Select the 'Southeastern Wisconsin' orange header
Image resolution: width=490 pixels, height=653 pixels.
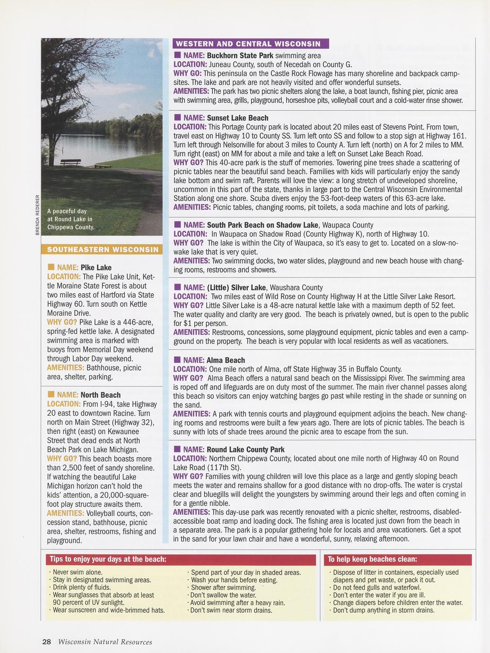[102, 249]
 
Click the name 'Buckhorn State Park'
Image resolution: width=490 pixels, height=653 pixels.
[240, 55]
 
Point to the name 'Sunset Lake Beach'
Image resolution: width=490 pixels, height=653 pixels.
[237, 118]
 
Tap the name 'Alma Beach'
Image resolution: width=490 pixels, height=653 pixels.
[226, 360]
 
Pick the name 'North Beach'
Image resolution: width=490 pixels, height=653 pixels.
[100, 395]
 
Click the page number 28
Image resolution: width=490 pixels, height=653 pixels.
[46, 642]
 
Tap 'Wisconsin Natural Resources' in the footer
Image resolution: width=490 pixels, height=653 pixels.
[105, 642]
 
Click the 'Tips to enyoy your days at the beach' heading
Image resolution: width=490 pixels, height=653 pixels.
[108, 559]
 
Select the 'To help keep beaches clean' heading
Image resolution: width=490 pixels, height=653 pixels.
[372, 559]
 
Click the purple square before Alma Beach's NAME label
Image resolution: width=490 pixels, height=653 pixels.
[177, 360]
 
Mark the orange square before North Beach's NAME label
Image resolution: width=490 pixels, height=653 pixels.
[51, 395]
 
